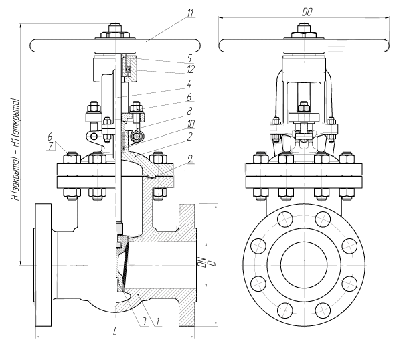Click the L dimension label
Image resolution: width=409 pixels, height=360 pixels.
pyautogui.click(x=115, y=331)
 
